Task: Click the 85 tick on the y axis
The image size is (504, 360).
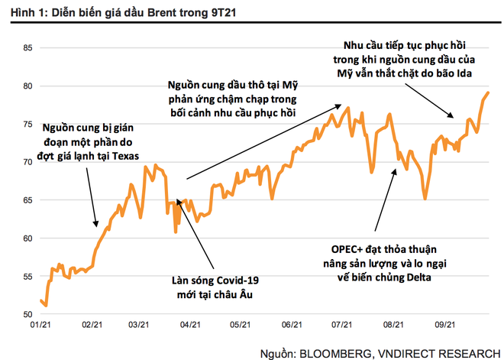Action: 27,48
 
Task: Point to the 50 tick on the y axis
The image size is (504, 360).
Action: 27,314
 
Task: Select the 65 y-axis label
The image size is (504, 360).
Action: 27,200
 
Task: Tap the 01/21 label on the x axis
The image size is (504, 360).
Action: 40,325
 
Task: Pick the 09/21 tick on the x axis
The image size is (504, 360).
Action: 445,325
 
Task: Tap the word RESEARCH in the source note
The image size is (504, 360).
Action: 464,352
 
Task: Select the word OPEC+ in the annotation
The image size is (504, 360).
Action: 352,249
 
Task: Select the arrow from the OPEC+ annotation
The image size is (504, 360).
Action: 386,199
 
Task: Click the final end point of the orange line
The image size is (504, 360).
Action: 488,92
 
